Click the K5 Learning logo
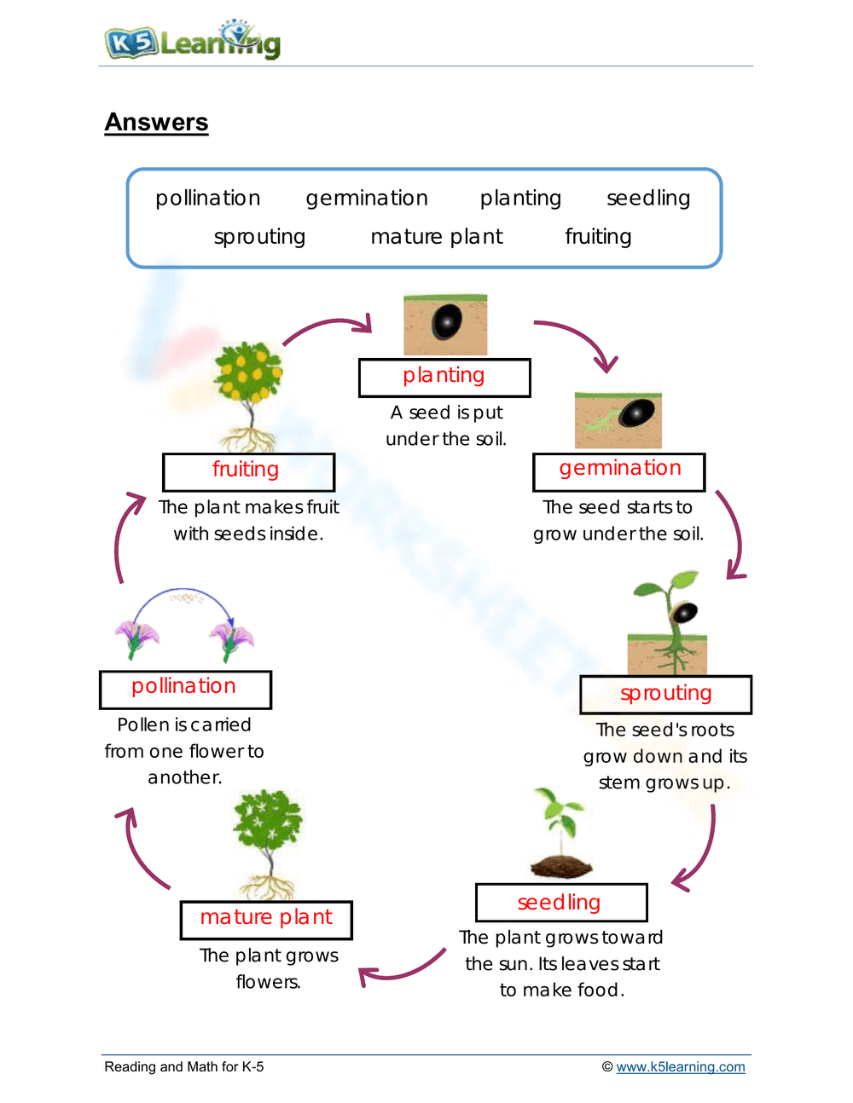point(192,40)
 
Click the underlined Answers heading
point(156,122)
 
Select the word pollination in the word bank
point(207,198)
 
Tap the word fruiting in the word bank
point(598,236)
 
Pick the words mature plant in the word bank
point(437,236)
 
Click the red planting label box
point(444,377)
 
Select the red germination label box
point(619,471)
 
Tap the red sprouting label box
point(665,694)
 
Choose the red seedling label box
point(560,902)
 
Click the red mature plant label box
point(266,919)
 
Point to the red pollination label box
point(185,689)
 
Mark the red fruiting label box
point(248,471)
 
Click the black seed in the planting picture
point(447,322)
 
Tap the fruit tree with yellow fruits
point(248,375)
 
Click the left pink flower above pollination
point(136,638)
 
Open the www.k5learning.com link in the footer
point(680,1066)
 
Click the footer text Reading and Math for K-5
point(183,1066)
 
